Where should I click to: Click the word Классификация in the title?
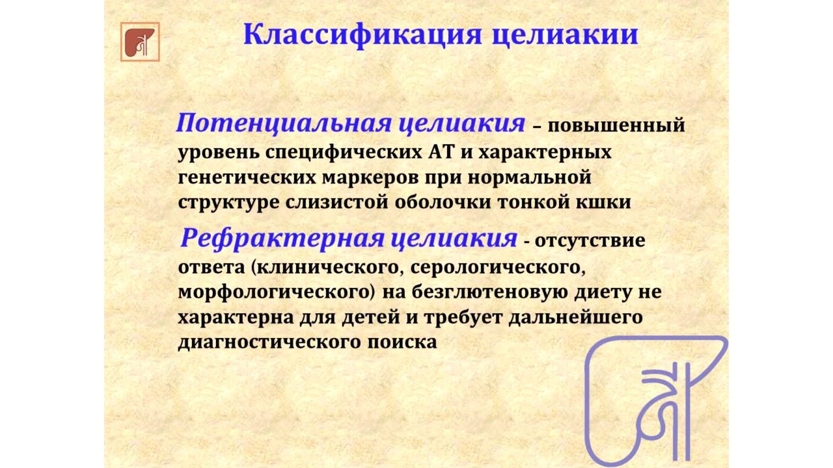(x=361, y=34)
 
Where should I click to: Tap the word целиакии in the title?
(x=564, y=34)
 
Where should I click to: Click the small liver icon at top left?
(x=140, y=42)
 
